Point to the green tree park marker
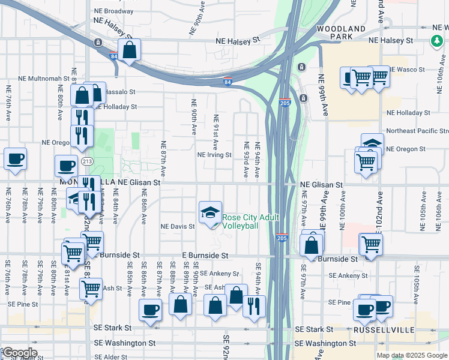click(436, 41)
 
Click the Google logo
click(19, 353)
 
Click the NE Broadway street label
click(113, 11)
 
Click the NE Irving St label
click(214, 154)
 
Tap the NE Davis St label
click(177, 227)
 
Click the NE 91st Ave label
click(214, 132)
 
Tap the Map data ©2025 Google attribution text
click(412, 355)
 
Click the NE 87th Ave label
click(163, 157)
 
